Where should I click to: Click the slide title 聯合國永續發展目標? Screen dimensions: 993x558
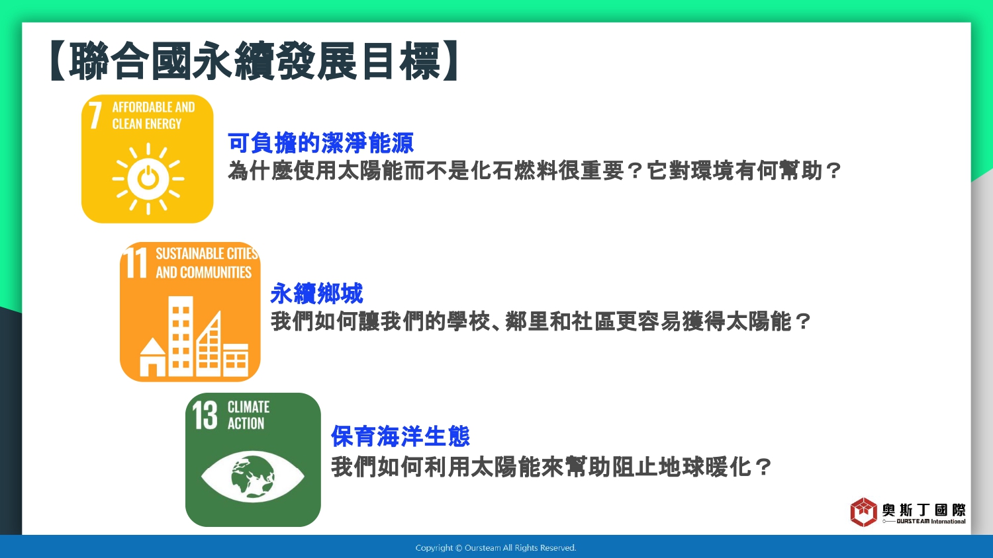[x=254, y=61]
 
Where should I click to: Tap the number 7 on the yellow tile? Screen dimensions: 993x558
[x=95, y=116]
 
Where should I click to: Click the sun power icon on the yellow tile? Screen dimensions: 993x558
[x=148, y=179]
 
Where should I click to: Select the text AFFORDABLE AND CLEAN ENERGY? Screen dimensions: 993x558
[x=154, y=115]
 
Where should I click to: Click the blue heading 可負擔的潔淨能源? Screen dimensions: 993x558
[x=320, y=143]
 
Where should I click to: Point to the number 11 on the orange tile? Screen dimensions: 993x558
[x=135, y=262]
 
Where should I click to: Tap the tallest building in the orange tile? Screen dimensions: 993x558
[x=181, y=337]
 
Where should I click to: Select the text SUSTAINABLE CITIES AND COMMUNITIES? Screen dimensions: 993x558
[x=207, y=262]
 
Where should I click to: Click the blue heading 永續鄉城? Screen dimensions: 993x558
[x=316, y=293]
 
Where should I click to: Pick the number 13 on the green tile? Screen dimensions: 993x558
[x=205, y=415]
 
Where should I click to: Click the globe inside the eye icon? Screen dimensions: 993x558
[x=253, y=477]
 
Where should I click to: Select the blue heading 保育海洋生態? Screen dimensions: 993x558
[x=401, y=436]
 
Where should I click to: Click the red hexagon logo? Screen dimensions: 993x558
[x=863, y=512]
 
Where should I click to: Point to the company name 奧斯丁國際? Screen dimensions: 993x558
[x=923, y=510]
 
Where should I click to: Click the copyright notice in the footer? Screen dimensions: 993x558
[x=496, y=548]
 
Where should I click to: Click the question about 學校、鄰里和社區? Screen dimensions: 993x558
[x=541, y=321]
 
